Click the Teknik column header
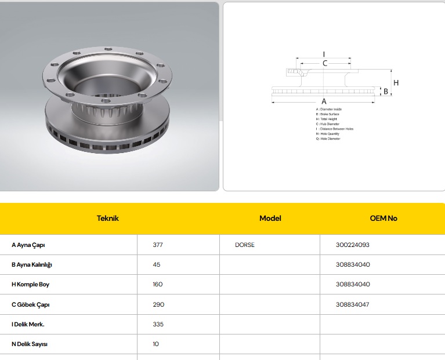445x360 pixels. click(x=107, y=219)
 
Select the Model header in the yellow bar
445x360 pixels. click(x=270, y=219)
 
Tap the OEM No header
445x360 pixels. click(x=384, y=219)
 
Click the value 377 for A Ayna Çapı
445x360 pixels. click(x=158, y=245)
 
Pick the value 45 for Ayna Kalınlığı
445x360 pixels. click(x=157, y=264)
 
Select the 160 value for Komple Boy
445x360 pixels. click(x=158, y=284)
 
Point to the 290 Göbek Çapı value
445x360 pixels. click(x=158, y=304)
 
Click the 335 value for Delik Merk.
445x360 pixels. click(x=158, y=324)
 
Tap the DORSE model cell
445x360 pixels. click(x=245, y=245)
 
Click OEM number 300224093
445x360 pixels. click(x=352, y=245)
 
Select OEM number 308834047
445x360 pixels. click(x=352, y=304)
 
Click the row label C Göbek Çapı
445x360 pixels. click(x=31, y=304)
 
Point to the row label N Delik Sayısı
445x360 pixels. click(x=30, y=344)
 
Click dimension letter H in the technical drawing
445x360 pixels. click(x=396, y=83)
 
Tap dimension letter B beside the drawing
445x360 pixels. click(x=385, y=92)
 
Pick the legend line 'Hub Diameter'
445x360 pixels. click(x=328, y=124)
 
